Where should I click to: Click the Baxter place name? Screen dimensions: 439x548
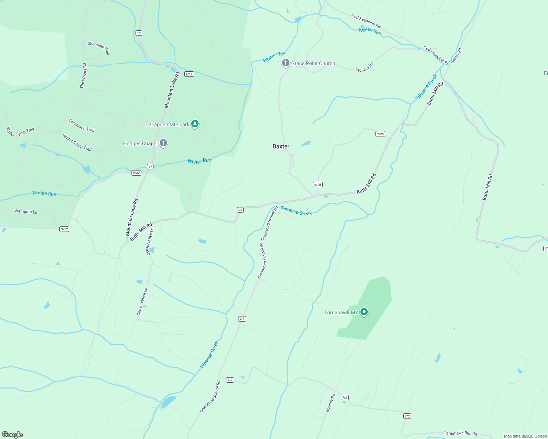pyautogui.click(x=281, y=146)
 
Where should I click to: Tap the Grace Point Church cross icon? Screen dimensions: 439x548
pyautogui.click(x=285, y=63)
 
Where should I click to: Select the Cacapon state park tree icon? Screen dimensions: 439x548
pyautogui.click(x=195, y=124)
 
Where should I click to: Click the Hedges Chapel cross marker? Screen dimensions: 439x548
pyautogui.click(x=163, y=143)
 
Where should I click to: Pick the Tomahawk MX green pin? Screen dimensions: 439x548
pyautogui.click(x=364, y=312)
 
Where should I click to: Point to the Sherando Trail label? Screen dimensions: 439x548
pyautogui.click(x=99, y=48)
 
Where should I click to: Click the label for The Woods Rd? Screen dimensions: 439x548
pyautogui.click(x=84, y=76)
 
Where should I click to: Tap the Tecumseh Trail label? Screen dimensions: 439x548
pyautogui.click(x=81, y=125)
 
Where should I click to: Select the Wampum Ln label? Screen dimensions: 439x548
pyautogui.click(x=26, y=211)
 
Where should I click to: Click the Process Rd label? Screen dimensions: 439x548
pyautogui.click(x=364, y=67)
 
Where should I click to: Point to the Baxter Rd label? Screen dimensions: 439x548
pyautogui.click(x=456, y=56)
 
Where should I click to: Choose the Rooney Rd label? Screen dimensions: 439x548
pyautogui.click(x=330, y=403)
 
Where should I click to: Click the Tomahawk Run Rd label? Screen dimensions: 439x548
pyautogui.click(x=460, y=433)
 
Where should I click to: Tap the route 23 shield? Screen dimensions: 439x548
pyautogui.click(x=240, y=210)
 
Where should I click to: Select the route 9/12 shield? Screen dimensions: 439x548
pyautogui.click(x=189, y=74)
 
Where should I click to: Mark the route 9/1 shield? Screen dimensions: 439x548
pyautogui.click(x=242, y=319)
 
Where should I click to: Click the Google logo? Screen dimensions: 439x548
pyautogui.click(x=12, y=434)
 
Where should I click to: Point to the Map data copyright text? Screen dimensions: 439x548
pyautogui.click(x=525, y=436)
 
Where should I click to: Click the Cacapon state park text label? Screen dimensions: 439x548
pyautogui.click(x=167, y=124)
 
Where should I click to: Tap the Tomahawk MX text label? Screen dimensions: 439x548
pyautogui.click(x=341, y=312)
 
